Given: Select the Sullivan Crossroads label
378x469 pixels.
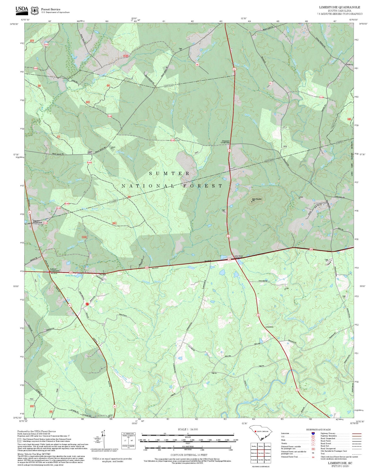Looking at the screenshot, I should [x=54, y=270].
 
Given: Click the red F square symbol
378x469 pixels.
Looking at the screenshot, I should [x=87, y=304].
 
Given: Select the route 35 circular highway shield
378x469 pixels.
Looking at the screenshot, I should [x=69, y=305].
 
